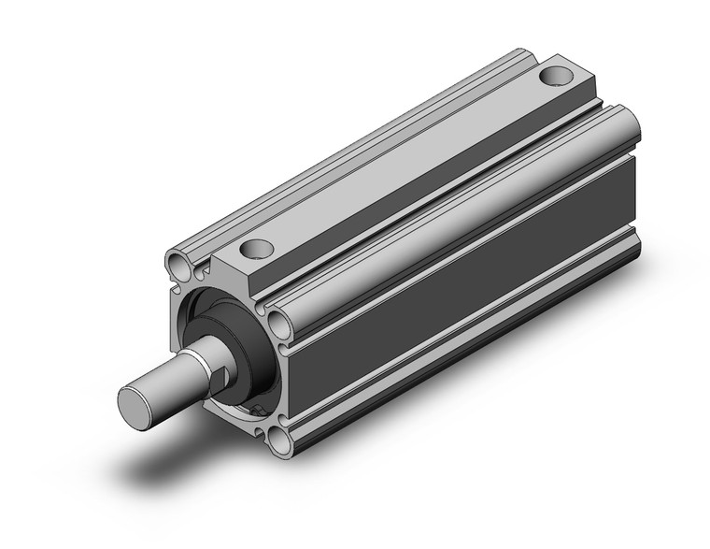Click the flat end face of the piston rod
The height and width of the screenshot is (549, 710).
[x=136, y=403]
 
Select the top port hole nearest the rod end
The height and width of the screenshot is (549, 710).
[x=254, y=249]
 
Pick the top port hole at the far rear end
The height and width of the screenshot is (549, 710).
[x=559, y=72]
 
